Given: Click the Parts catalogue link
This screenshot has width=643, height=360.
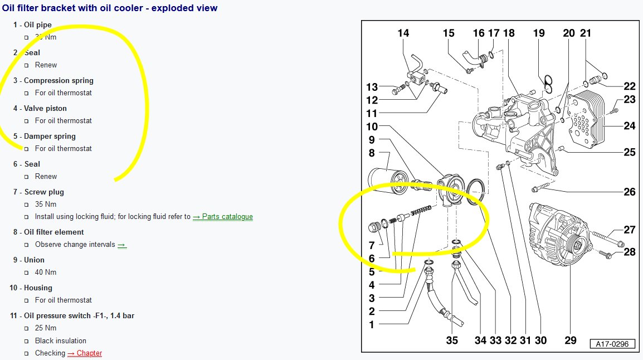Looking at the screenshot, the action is pyautogui.click(x=223, y=216).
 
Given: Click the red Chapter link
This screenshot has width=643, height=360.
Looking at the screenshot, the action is pyautogui.click(x=85, y=353).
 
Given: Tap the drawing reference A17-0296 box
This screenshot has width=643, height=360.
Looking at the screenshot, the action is pyautogui.click(x=612, y=344).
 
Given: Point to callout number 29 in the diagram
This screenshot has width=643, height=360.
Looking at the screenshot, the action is pyautogui.click(x=571, y=340).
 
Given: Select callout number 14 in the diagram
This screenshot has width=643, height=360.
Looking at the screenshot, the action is pyautogui.click(x=403, y=33).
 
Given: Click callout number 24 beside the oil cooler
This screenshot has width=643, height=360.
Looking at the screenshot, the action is pyautogui.click(x=630, y=126).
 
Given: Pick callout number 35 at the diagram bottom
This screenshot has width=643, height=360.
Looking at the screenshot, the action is pyautogui.click(x=452, y=340).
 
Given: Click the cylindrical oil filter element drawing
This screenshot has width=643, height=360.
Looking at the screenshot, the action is pyautogui.click(x=388, y=181).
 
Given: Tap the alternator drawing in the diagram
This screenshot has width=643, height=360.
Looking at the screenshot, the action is pyautogui.click(x=560, y=233).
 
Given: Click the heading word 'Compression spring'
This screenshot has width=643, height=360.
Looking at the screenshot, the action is pyautogui.click(x=59, y=80).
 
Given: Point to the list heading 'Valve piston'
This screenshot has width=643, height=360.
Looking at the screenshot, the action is pyautogui.click(x=45, y=108).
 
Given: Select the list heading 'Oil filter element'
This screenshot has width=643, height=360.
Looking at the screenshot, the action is pyautogui.click(x=53, y=232).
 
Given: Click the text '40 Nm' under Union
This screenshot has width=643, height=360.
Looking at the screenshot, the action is pyautogui.click(x=46, y=273).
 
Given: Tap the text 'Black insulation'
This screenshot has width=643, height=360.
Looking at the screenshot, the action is pyautogui.click(x=61, y=340).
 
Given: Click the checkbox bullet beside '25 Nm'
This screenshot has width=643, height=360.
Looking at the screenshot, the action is pyautogui.click(x=27, y=328).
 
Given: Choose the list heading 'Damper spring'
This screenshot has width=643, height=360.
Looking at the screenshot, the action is pyautogui.click(x=50, y=136).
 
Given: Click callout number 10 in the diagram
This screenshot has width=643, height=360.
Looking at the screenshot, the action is pyautogui.click(x=372, y=127).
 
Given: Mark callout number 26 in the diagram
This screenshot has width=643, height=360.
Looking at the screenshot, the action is pyautogui.click(x=630, y=192).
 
